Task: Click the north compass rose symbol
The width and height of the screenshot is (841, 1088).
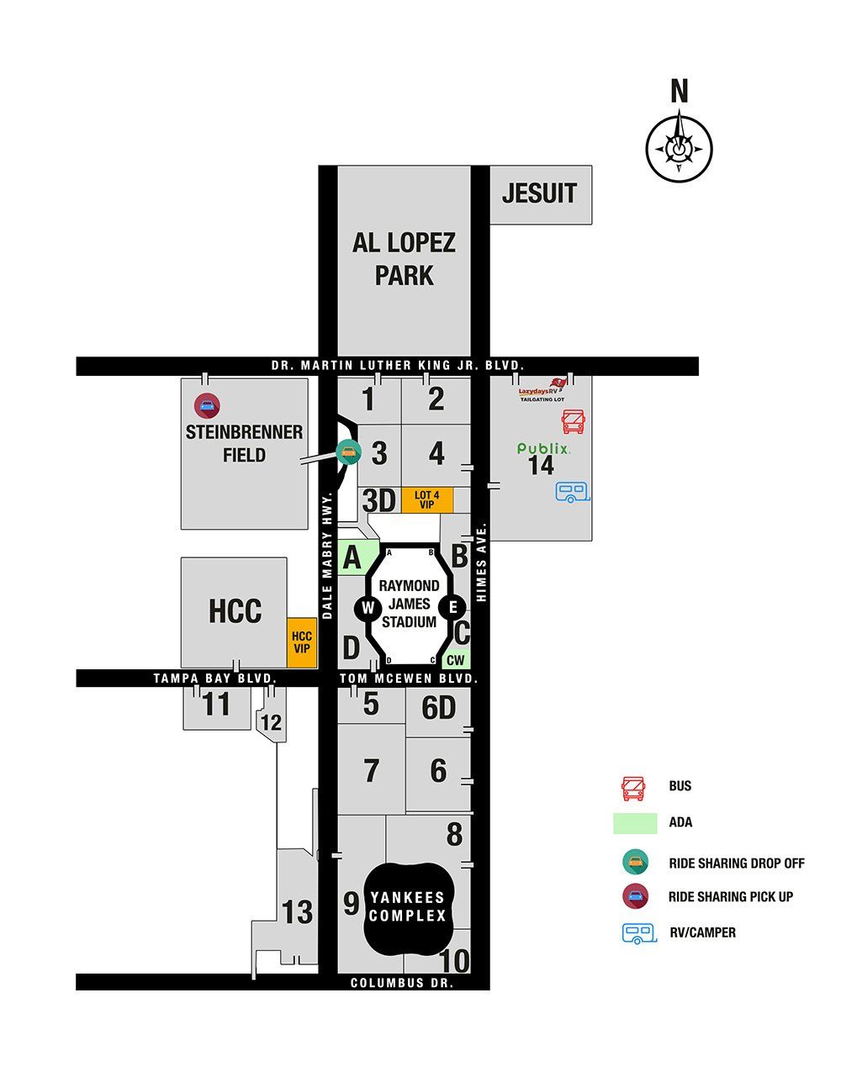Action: (679, 148)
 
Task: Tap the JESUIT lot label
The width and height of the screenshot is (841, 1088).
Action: (539, 193)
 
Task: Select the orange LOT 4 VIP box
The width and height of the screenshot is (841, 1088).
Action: (426, 500)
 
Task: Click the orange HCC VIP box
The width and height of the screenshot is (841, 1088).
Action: (301, 642)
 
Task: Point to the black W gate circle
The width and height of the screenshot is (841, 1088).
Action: (368, 608)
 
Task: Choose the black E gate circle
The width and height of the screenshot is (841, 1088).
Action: (452, 607)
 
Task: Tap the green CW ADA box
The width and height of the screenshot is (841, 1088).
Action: (455, 661)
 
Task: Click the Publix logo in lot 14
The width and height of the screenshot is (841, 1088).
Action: (543, 450)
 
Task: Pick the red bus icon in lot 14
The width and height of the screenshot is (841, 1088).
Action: (574, 422)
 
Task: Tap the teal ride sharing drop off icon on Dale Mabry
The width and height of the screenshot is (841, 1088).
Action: (347, 452)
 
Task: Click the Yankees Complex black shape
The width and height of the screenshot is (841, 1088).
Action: (408, 907)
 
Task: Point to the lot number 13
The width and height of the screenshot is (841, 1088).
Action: (297, 912)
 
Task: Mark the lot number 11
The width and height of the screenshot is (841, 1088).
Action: (216, 705)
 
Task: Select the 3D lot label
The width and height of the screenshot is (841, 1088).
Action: (378, 501)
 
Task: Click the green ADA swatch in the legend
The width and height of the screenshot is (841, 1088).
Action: (635, 822)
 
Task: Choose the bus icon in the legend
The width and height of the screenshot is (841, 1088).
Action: (632, 789)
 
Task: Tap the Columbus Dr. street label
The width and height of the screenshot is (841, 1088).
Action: (402, 983)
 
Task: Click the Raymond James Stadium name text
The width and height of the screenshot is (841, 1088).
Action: (409, 604)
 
